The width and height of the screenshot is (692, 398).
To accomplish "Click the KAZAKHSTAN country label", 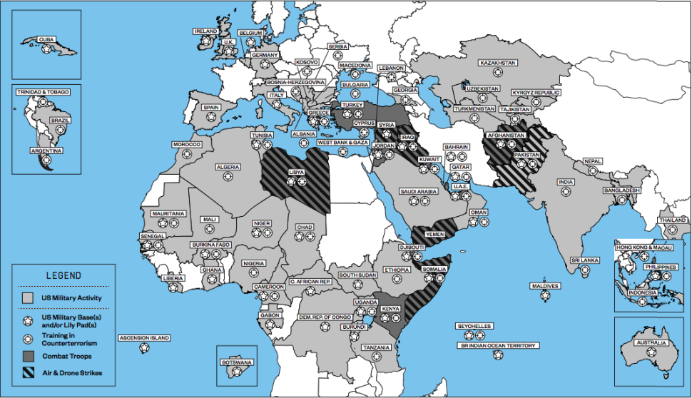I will coord(498,63).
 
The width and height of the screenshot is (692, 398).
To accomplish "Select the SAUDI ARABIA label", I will coord(418,191).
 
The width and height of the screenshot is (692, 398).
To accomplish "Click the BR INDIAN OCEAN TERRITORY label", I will coord(497,346).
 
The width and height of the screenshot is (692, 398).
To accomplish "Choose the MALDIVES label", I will coord(544,286).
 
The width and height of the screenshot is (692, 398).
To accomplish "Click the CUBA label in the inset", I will coord(46,39).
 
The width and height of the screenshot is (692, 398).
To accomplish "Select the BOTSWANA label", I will coord(237,362).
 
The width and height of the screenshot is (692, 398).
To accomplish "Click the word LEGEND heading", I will coord(63,275).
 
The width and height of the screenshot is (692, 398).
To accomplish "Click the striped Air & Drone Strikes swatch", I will coord(29,372).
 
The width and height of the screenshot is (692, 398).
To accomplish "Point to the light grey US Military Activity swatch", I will coord(29,296).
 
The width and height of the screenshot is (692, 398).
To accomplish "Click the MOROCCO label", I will coord(188,144).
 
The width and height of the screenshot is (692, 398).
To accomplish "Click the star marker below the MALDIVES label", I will coord(544,295).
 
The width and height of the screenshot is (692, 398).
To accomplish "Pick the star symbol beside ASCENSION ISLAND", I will coord(145,348).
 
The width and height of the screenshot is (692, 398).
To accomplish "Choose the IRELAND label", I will coord(206,31).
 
